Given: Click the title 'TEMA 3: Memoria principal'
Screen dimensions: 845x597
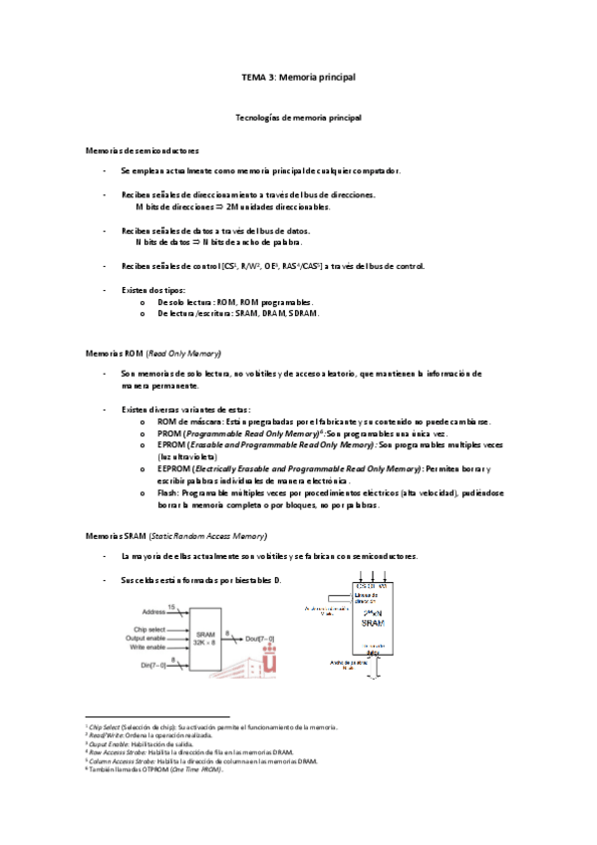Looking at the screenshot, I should tap(299, 76).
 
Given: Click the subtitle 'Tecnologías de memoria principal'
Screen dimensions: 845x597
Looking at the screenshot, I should tap(298, 118).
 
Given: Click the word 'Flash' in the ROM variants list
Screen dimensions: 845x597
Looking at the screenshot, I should tap(165, 493).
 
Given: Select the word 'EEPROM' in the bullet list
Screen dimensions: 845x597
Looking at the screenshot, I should tap(171, 467).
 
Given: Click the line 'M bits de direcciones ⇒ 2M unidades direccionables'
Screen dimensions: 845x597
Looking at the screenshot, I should tap(232, 207).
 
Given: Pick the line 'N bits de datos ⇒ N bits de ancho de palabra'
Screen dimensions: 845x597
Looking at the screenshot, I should tap(219, 242).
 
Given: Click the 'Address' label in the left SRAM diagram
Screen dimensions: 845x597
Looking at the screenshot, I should tap(153, 610).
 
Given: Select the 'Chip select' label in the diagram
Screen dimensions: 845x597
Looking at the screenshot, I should tap(149, 630).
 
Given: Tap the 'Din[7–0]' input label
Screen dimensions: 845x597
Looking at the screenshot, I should tap(148, 664).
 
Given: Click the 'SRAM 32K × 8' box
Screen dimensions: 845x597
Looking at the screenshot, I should tap(206, 638).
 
